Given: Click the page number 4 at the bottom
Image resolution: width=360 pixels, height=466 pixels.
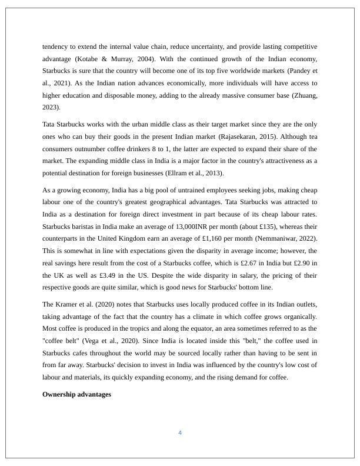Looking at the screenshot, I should (x=180, y=433).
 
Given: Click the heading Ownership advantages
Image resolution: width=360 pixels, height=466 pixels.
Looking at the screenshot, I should (x=76, y=394).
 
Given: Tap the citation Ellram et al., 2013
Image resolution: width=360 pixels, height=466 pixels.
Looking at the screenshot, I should (x=191, y=174).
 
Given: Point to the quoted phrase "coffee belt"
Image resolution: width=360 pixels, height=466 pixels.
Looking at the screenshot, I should (x=61, y=341).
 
